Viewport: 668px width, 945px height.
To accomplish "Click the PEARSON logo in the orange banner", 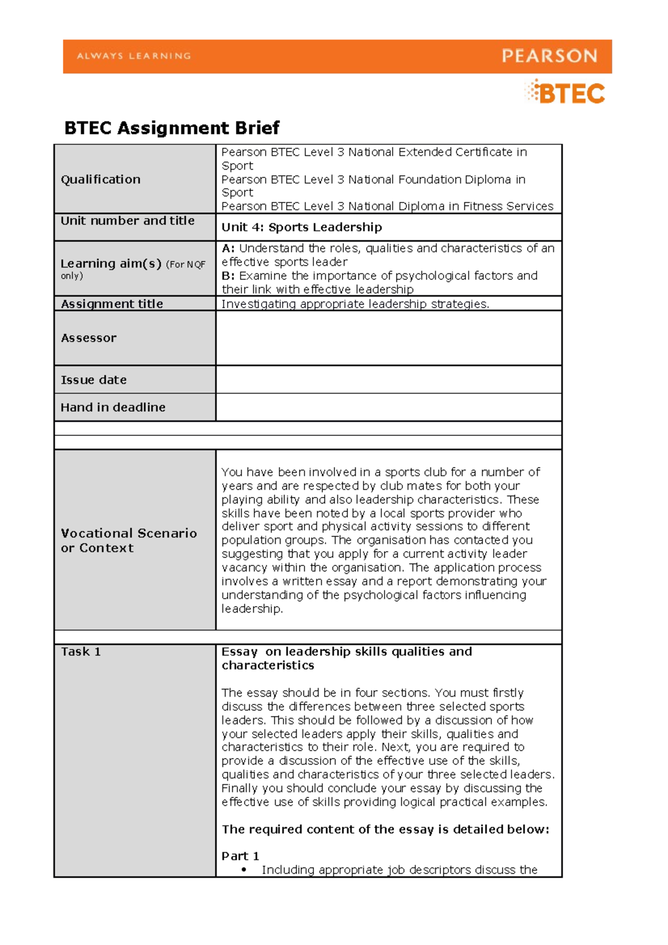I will click(x=549, y=56).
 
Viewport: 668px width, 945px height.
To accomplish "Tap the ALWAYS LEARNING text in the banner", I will click(x=134, y=56).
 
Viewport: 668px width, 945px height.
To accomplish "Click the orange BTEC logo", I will click(x=565, y=92).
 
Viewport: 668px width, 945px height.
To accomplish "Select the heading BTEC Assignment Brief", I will click(x=171, y=128).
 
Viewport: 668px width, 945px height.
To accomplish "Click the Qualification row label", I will click(x=101, y=179).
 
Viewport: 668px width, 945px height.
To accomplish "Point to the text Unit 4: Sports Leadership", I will click(x=302, y=227).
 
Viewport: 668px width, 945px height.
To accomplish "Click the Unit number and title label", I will click(x=127, y=220).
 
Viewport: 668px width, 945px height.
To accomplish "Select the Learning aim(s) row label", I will click(x=111, y=264).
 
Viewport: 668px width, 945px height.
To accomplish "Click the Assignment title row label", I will click(x=112, y=304).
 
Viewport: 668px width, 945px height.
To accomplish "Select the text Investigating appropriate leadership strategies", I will click(x=355, y=304).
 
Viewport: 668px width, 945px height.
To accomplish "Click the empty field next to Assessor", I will click(x=388, y=338).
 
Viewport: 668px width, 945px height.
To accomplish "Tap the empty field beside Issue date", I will click(x=388, y=380).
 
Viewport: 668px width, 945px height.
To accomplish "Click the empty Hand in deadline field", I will click(x=388, y=407).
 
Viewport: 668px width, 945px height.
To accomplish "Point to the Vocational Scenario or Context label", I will click(x=129, y=540).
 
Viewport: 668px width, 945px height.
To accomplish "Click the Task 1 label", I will click(x=81, y=652).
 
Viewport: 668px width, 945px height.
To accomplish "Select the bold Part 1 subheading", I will click(x=240, y=856).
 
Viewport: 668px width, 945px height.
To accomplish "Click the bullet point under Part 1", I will click(x=244, y=870).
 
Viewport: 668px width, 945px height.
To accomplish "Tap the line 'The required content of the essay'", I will click(x=385, y=829).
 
